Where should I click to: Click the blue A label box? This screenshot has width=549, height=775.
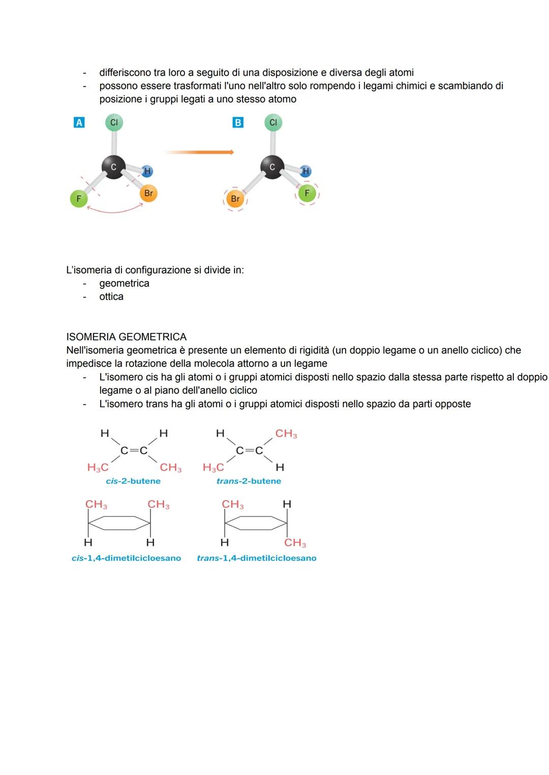(x=79, y=122)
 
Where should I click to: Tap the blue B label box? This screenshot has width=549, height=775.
(x=237, y=122)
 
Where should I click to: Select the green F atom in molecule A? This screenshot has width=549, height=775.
(x=78, y=199)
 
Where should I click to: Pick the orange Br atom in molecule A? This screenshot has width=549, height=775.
(x=148, y=193)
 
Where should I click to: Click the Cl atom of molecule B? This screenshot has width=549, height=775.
(x=273, y=122)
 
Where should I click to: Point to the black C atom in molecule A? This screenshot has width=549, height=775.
(x=113, y=167)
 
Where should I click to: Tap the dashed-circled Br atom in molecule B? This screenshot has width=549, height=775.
(x=235, y=199)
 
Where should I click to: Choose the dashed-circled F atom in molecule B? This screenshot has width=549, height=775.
(x=307, y=193)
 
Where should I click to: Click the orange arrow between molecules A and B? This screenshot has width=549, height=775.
(x=199, y=152)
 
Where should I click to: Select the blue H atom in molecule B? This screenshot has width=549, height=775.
(x=305, y=171)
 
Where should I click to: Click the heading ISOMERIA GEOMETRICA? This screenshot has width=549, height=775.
(x=126, y=337)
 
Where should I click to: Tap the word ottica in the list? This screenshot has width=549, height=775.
(x=111, y=297)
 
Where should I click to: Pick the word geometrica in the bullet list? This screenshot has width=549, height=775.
(x=124, y=284)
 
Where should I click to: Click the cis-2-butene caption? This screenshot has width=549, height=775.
(x=133, y=481)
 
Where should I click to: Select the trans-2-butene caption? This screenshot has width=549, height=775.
(x=249, y=481)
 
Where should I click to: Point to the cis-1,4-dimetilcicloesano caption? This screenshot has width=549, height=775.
(x=126, y=558)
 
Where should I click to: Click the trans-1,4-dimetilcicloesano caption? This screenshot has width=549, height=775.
(x=257, y=558)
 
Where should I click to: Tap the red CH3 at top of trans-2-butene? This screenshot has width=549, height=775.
(x=286, y=434)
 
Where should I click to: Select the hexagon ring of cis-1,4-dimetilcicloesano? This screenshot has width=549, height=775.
(x=119, y=523)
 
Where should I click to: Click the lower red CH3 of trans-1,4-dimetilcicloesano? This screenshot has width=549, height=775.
(x=295, y=543)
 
